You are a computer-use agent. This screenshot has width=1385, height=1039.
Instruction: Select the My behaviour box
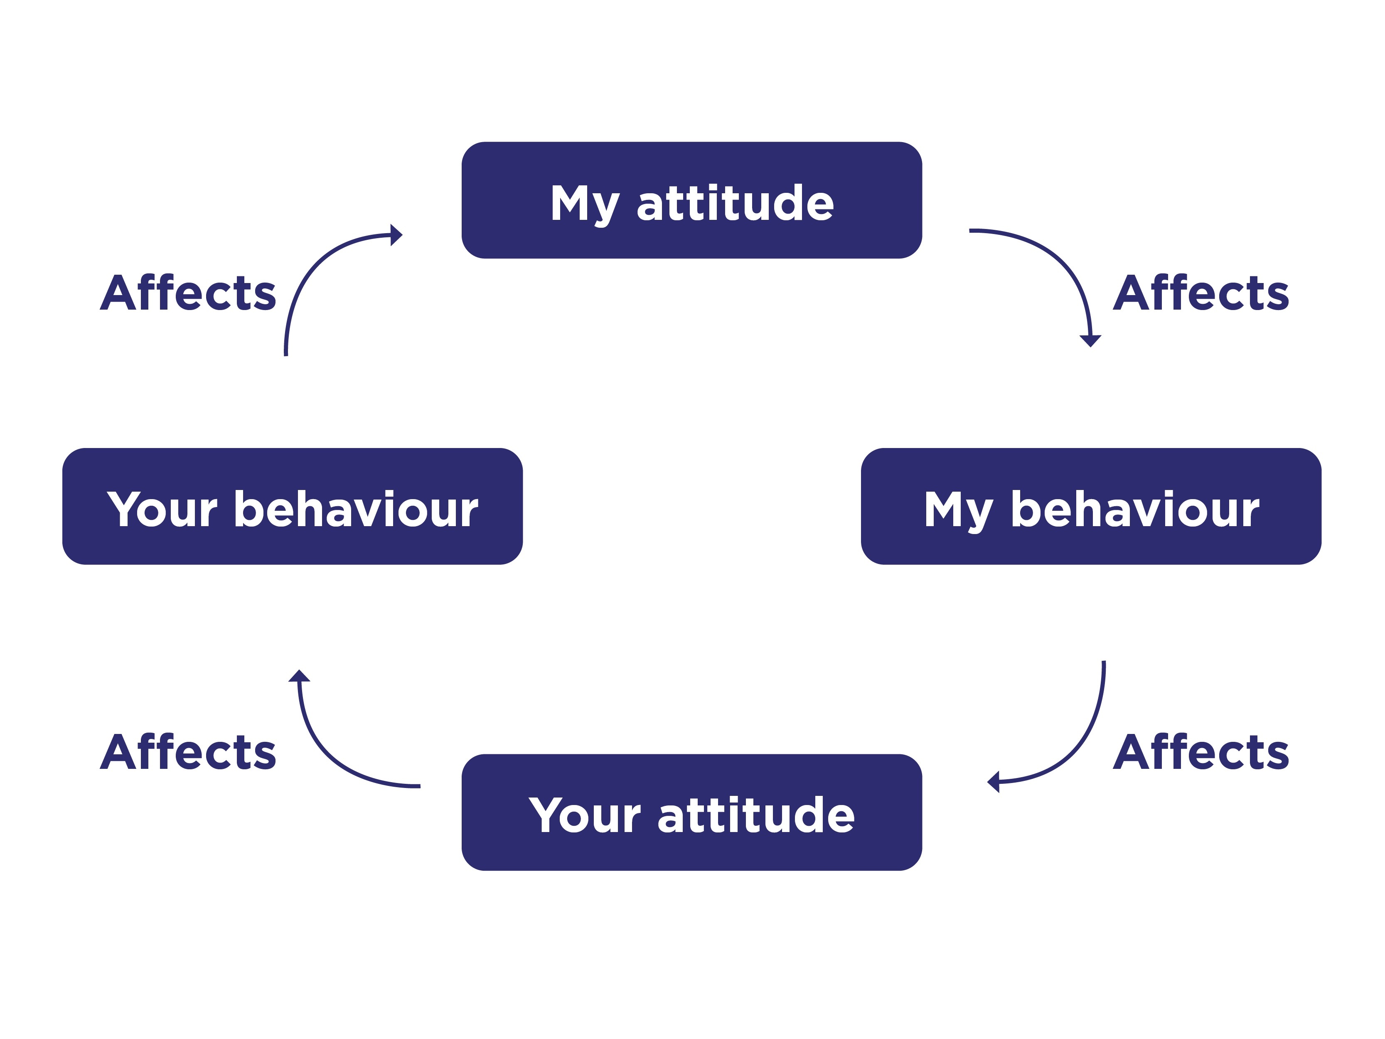(x=1091, y=506)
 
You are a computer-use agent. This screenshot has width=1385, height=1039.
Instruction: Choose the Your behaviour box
(x=293, y=506)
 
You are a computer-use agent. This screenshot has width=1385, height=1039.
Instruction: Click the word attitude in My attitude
(x=735, y=203)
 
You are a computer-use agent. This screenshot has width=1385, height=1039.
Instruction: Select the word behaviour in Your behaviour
(x=356, y=509)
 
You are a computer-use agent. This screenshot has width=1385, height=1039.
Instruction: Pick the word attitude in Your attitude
(x=756, y=815)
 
